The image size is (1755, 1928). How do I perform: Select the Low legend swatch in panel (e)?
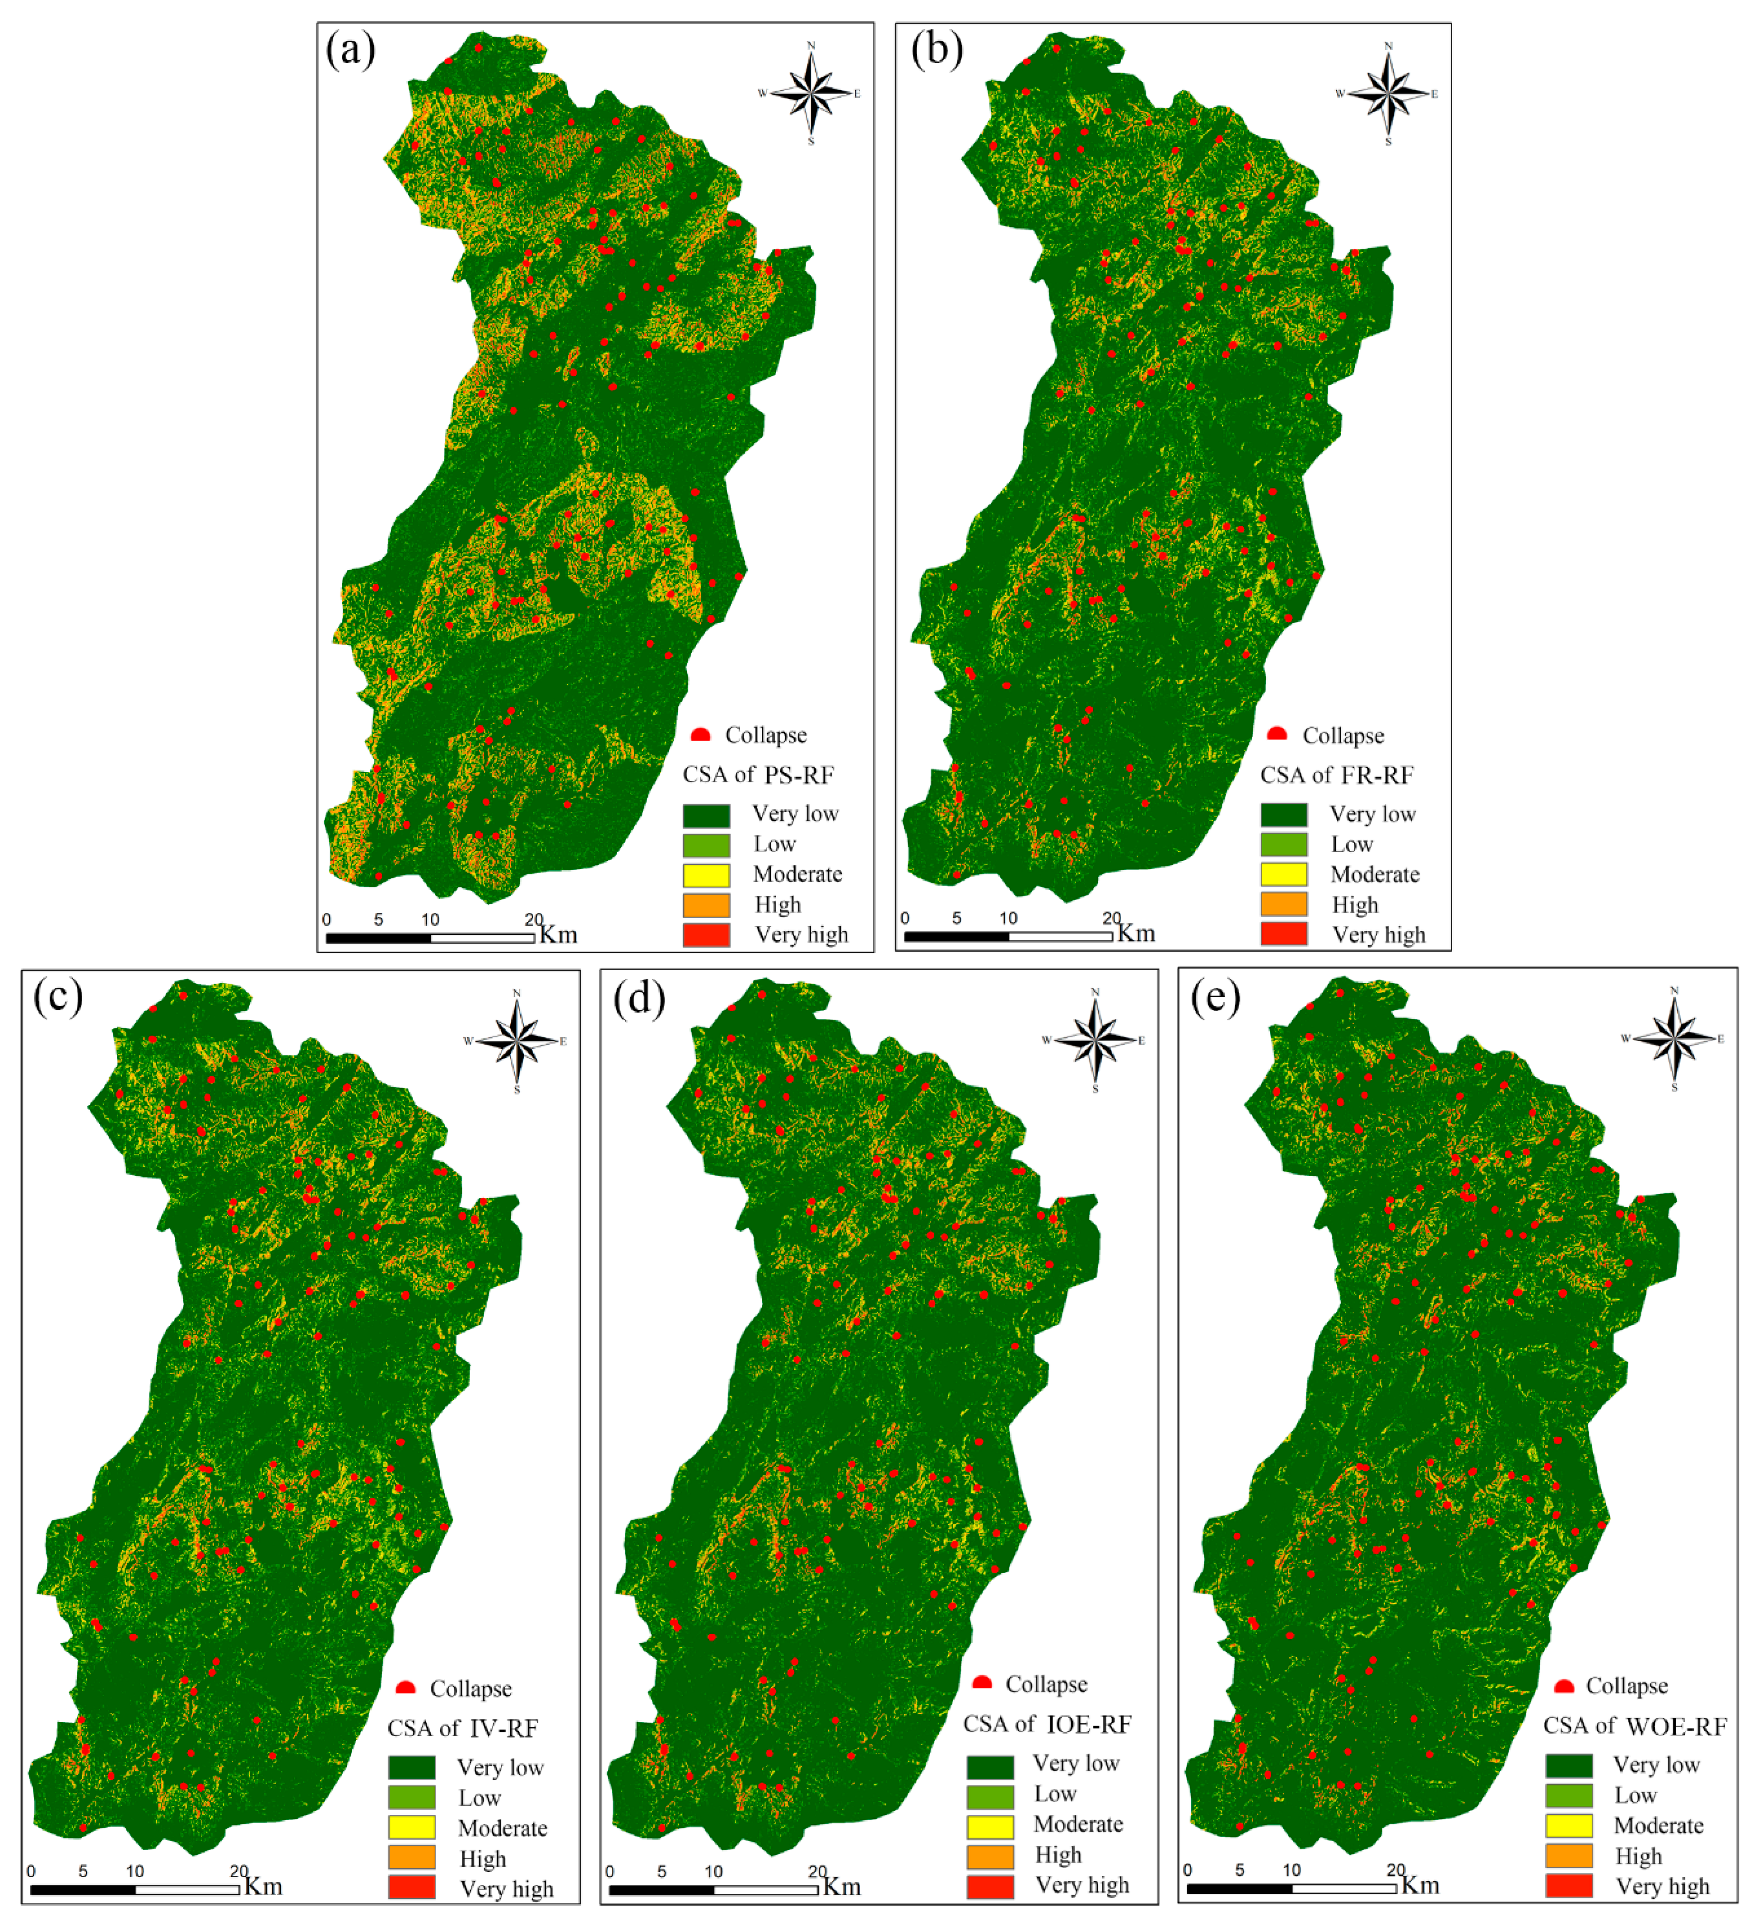(1568, 1795)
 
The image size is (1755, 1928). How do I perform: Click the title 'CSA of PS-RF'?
(758, 775)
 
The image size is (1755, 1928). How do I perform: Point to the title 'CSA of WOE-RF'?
(1634, 1726)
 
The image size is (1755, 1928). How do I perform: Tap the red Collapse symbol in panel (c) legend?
(405, 1688)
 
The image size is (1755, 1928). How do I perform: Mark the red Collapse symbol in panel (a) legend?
(701, 734)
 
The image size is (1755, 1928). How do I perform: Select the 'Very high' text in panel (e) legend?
(1662, 1886)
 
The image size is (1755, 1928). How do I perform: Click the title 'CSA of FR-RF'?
(1336, 775)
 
